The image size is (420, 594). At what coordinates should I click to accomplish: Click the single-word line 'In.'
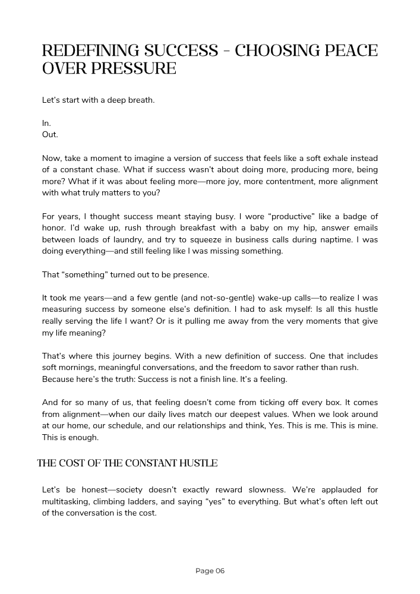click(46, 123)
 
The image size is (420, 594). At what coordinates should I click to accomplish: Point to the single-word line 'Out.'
click(50, 134)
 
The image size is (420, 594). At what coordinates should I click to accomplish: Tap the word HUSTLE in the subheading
click(197, 463)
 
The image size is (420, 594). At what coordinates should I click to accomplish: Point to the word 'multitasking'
click(67, 501)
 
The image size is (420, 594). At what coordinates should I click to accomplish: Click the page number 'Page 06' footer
click(210, 571)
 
